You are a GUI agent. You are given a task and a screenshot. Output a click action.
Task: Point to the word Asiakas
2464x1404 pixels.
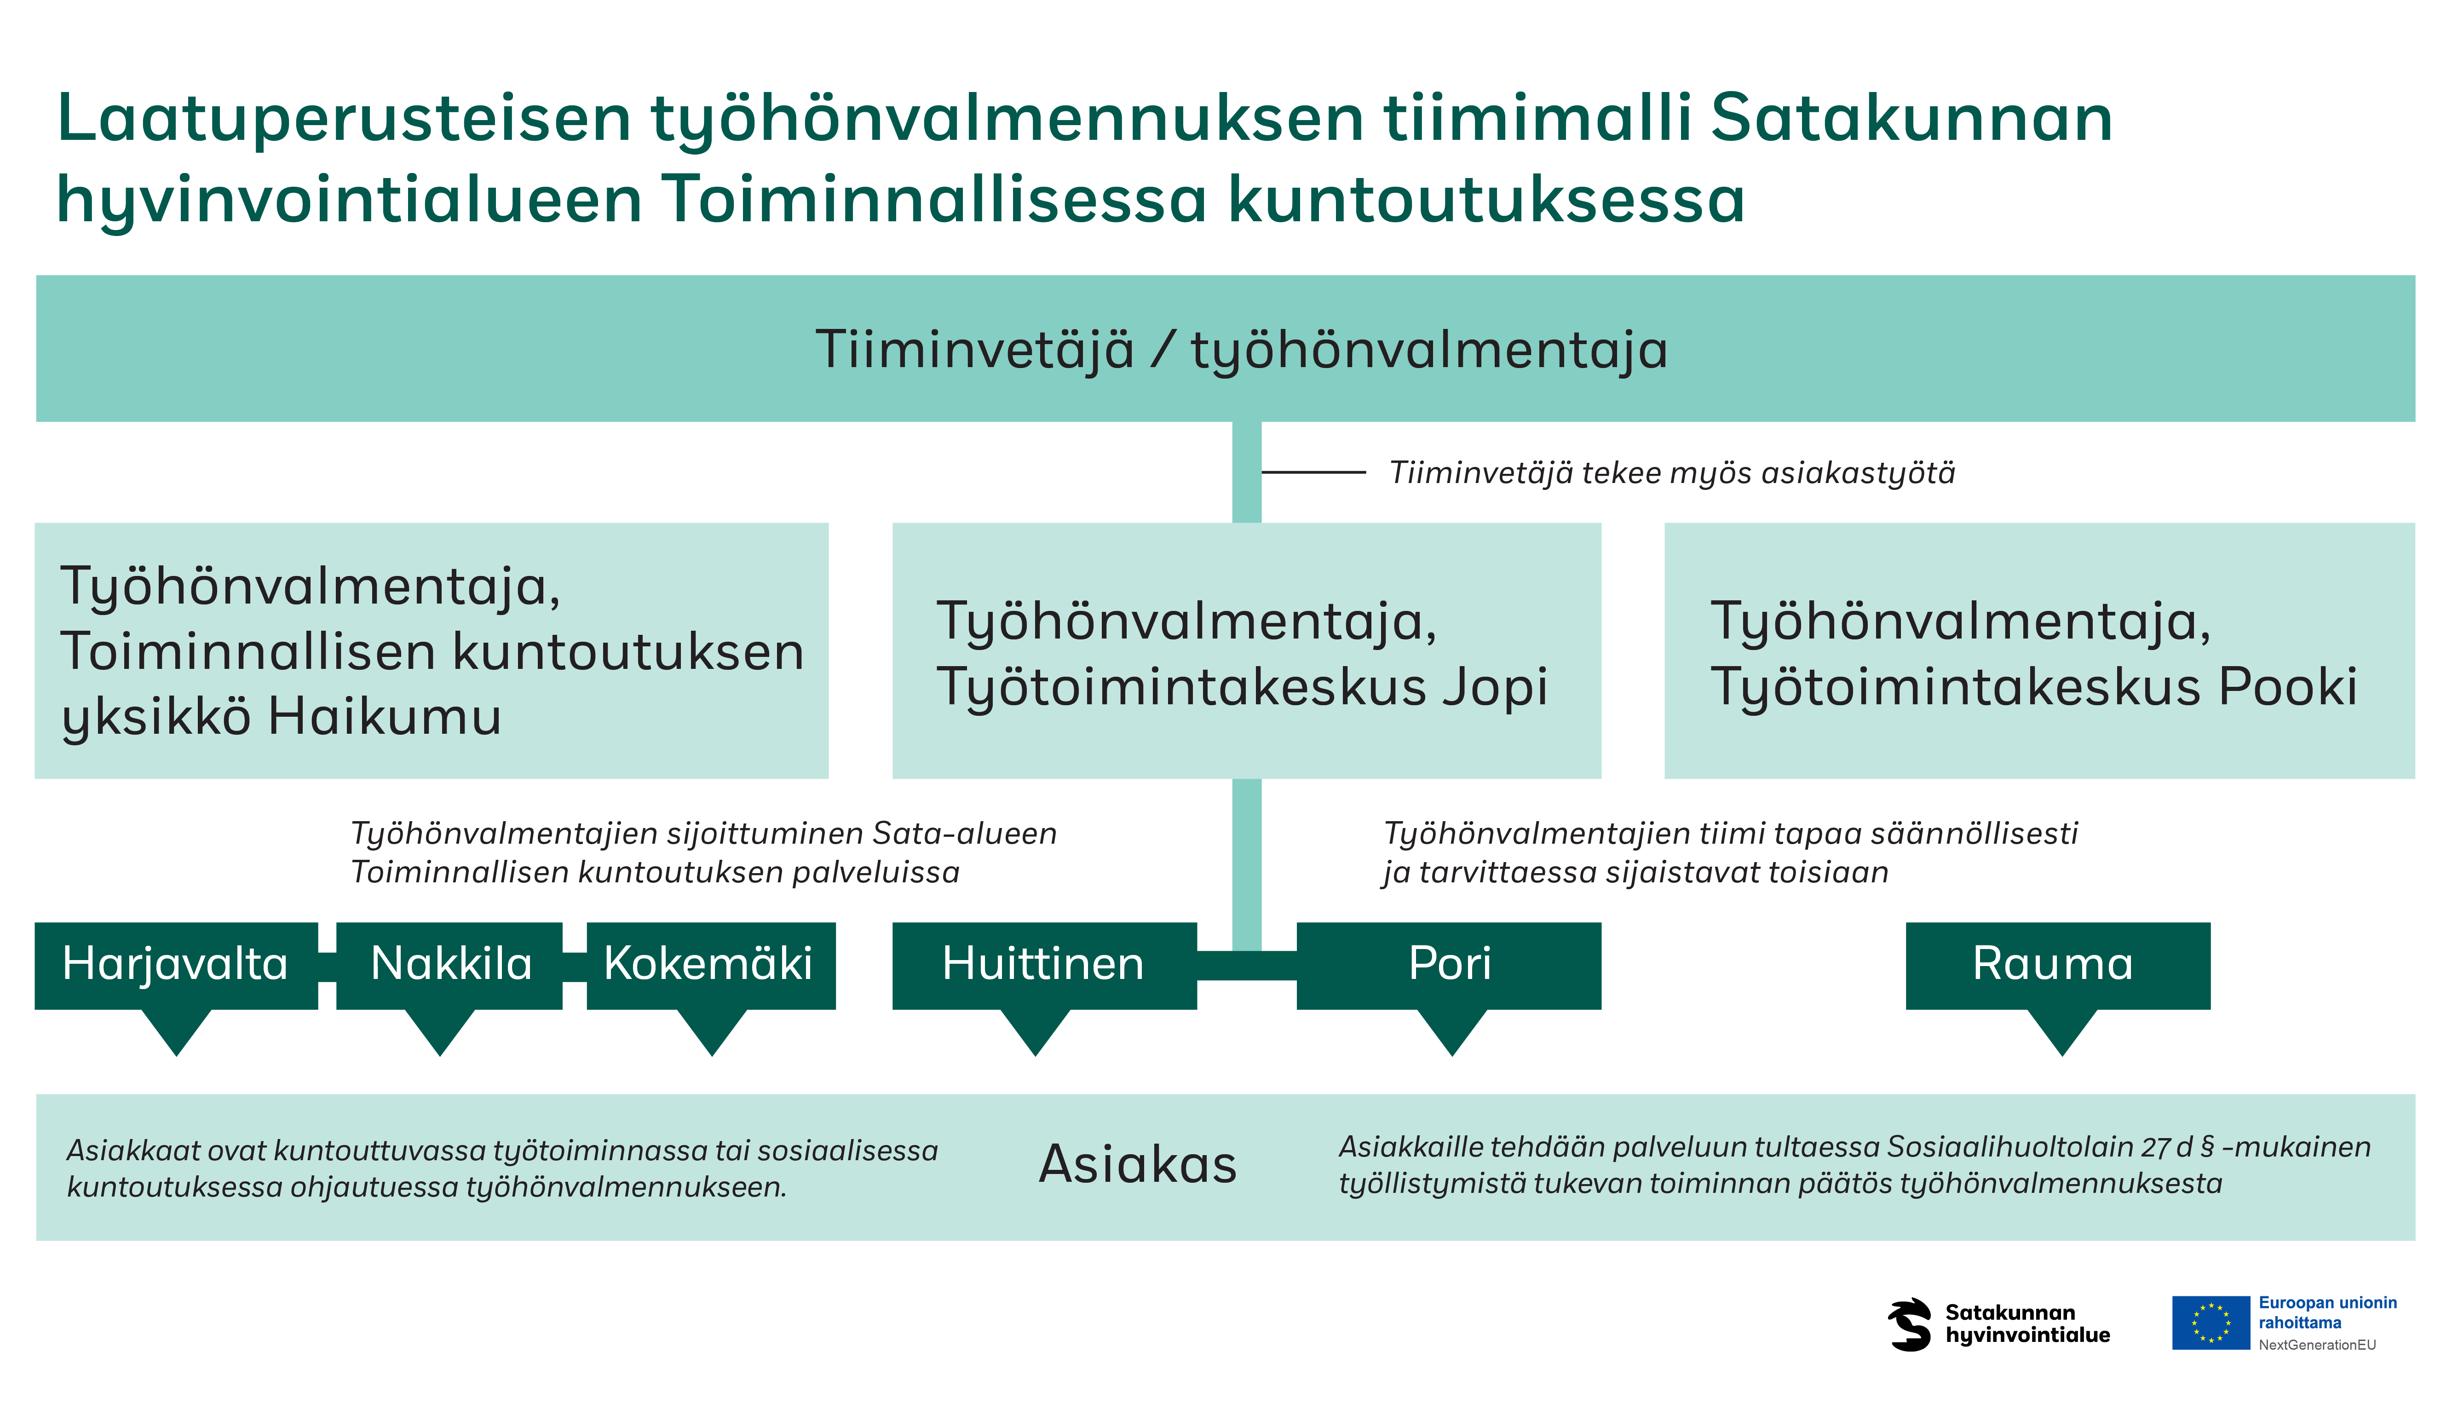point(1138,1164)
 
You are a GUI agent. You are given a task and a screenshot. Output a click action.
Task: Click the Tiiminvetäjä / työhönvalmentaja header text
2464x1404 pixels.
point(1242,349)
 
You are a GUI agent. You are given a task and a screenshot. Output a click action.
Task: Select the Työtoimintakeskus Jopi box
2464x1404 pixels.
point(1246,651)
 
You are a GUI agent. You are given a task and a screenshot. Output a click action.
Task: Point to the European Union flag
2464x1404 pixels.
point(2211,1323)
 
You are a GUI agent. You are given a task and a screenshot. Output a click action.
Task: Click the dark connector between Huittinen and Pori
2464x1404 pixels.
point(1246,965)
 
